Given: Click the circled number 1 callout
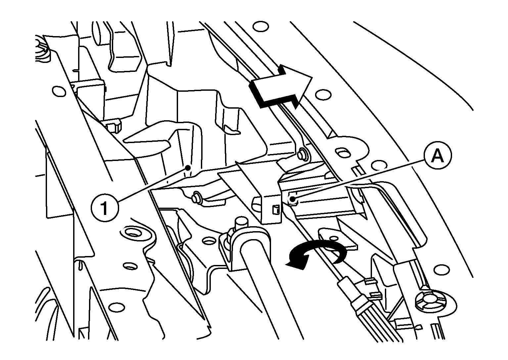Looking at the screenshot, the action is coord(105,207).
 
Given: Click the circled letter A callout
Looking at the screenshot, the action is coord(438,155).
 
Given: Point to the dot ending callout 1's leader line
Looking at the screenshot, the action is coord(188,168).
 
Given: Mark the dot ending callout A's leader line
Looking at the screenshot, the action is coord(293,199).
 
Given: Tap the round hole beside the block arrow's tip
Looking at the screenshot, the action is coord(323,94).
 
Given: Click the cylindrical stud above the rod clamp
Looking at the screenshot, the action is coord(241,224).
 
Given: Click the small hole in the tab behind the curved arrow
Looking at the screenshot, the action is coord(334,238).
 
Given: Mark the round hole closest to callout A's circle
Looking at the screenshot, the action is coord(380,165).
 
